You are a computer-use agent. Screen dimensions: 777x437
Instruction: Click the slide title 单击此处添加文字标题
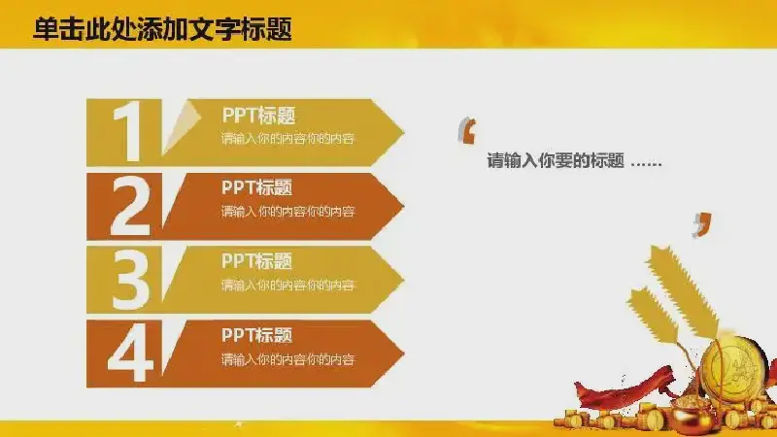tap(162, 29)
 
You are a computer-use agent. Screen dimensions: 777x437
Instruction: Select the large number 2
tap(130, 206)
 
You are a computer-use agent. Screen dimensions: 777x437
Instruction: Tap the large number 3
tap(130, 280)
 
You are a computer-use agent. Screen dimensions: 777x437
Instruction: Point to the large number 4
tap(130, 353)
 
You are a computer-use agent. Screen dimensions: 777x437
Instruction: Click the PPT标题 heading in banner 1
tap(258, 116)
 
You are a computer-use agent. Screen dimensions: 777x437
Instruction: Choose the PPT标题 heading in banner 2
tap(256, 187)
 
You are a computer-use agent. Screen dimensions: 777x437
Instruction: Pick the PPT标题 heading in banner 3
tap(256, 261)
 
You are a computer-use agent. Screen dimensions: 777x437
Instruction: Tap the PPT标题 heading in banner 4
tap(256, 335)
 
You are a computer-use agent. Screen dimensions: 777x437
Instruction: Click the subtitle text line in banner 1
tap(287, 139)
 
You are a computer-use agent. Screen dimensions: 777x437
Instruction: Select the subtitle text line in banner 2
tap(287, 212)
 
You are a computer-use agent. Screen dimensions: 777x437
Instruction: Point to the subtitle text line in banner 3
tap(287, 285)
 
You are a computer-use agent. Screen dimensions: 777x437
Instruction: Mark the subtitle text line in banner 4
tap(287, 359)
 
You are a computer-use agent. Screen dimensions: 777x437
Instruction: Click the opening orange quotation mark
tap(467, 131)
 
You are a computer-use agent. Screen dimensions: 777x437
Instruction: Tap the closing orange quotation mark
tap(702, 225)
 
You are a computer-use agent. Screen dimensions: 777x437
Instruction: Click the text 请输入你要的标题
tap(555, 160)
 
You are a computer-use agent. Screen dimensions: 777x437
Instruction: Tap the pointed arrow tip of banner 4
tap(403, 353)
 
